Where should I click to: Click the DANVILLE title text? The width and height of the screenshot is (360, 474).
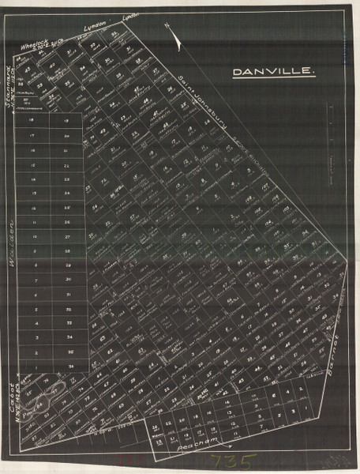(275, 72)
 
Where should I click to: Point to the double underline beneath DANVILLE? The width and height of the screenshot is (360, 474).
(275, 80)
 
